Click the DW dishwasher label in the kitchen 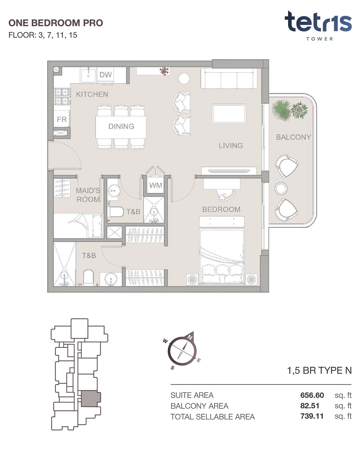(105, 74)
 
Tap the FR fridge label (61, 119)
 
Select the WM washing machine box (155, 185)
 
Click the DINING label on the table (121, 126)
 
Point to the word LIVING (231, 146)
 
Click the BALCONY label (293, 137)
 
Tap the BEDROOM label (221, 209)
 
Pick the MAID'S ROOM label (88, 195)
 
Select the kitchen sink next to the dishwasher (88, 75)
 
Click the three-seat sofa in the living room (229, 78)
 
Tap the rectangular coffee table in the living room (229, 114)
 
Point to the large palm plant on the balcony (281, 110)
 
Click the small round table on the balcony (281, 188)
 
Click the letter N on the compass (190, 337)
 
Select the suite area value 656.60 (312, 395)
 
